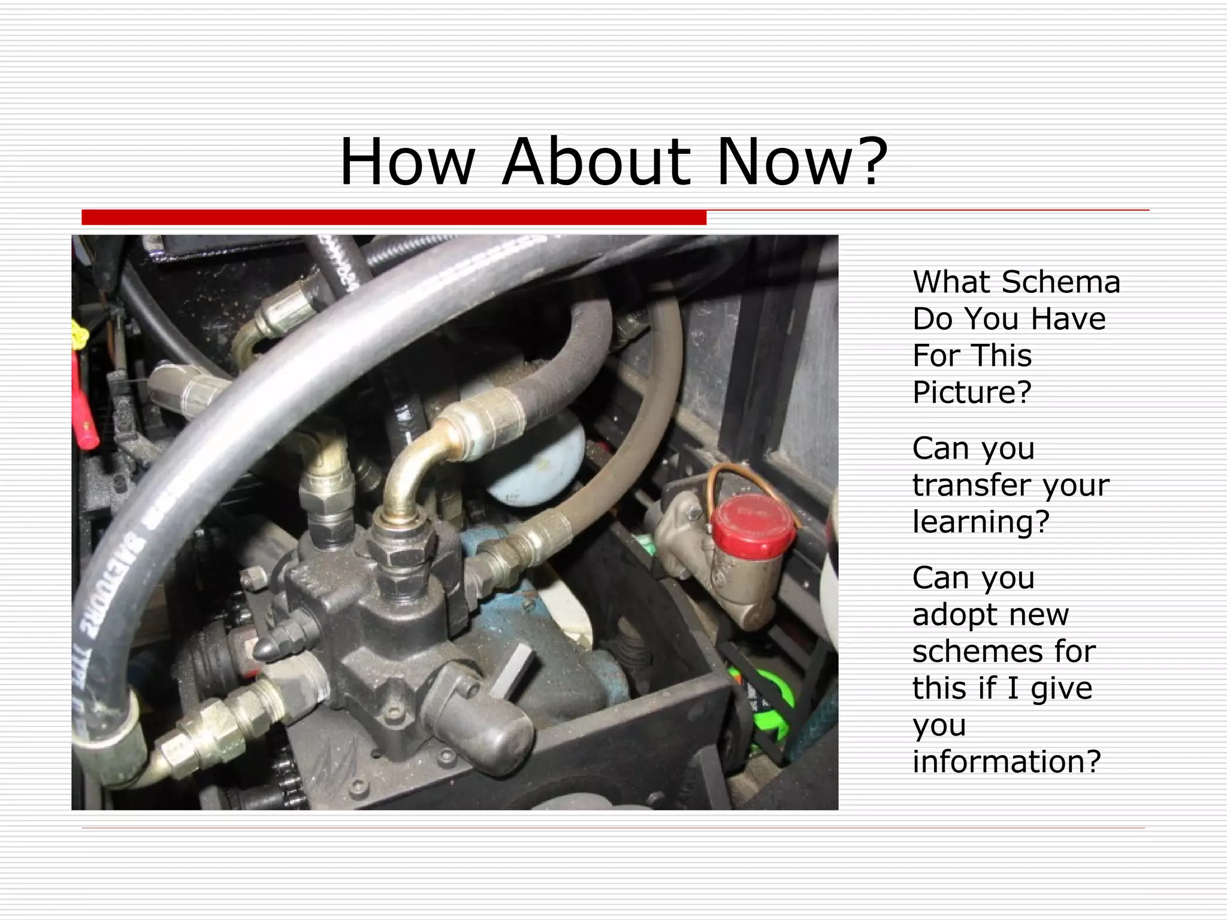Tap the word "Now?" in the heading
tap(802, 162)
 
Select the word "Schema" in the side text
tap(1060, 282)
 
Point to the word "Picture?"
tap(972, 393)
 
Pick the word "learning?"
tap(981, 522)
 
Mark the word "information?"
tap(1007, 762)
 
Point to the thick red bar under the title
tap(394, 217)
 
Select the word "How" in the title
tap(407, 162)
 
